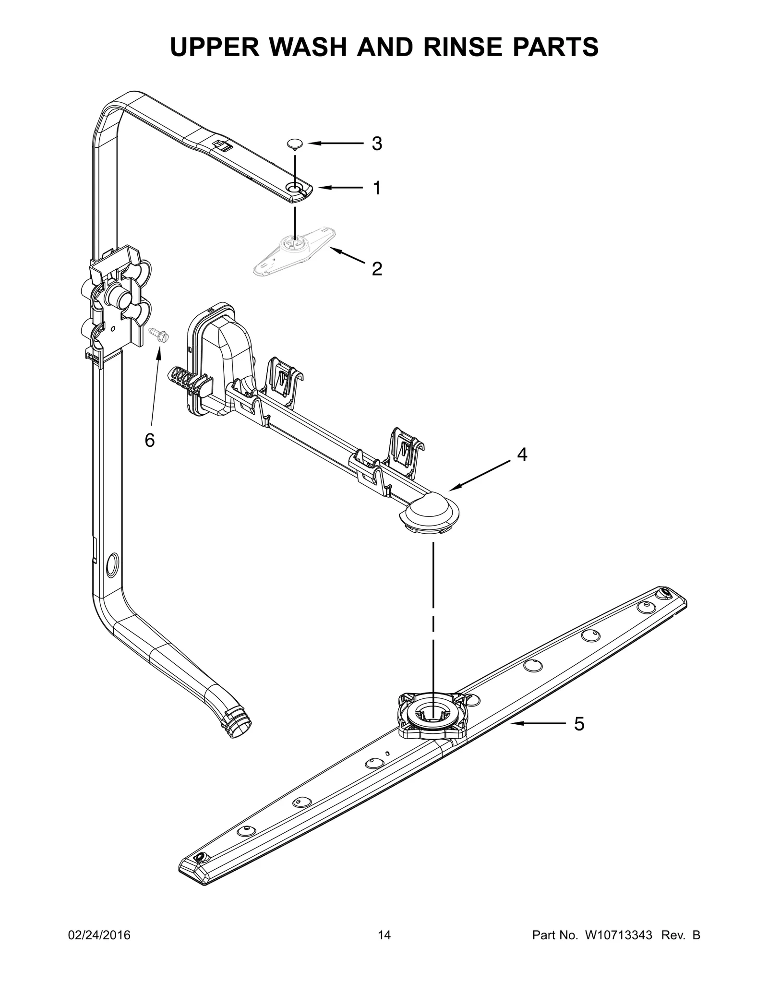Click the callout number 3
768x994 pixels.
[x=377, y=144]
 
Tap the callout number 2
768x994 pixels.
[x=377, y=269]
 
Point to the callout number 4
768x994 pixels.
[x=522, y=454]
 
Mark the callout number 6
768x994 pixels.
[x=150, y=440]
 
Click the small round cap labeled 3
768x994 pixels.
[x=295, y=144]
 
